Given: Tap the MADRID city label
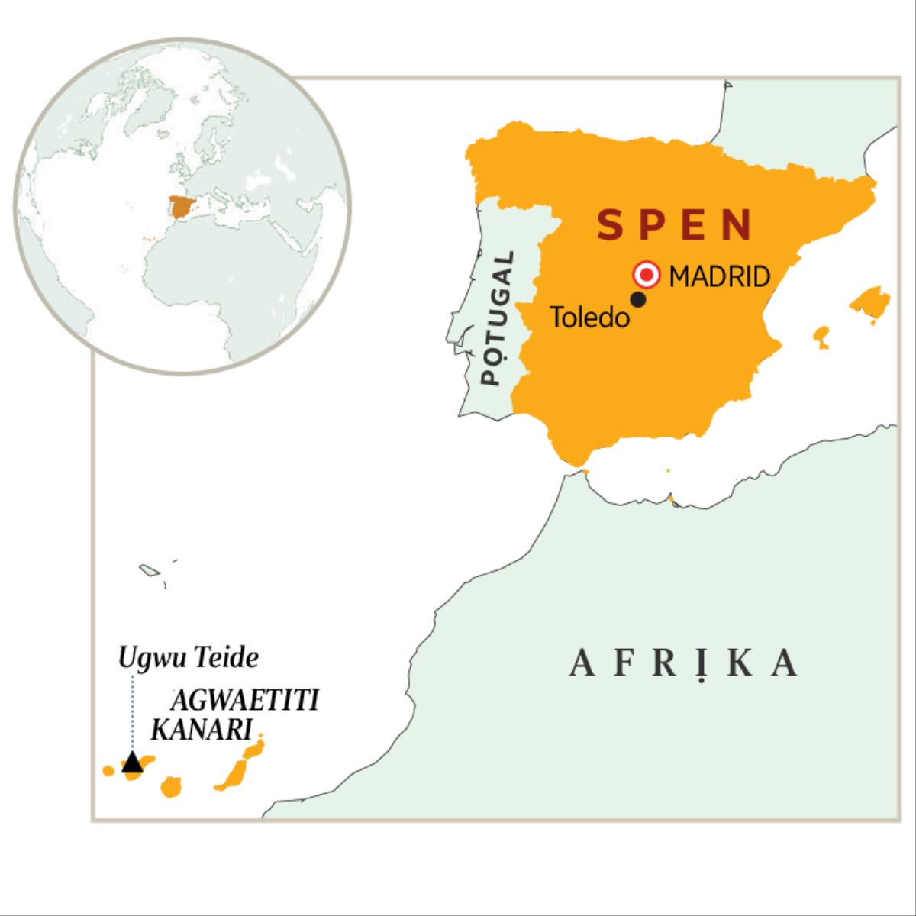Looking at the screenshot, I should [719, 276].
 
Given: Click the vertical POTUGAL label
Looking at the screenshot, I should [494, 318].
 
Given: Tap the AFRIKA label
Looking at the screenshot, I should [684, 663].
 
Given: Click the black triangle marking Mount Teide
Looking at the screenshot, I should [132, 761].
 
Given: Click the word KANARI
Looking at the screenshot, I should [202, 731].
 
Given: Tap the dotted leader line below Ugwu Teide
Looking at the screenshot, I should [133, 710].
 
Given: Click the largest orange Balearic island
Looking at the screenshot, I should [870, 302].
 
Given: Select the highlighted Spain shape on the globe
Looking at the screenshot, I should [182, 208].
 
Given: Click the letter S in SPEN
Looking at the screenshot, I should [608, 225].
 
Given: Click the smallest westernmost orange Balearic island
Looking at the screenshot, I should [821, 335].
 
